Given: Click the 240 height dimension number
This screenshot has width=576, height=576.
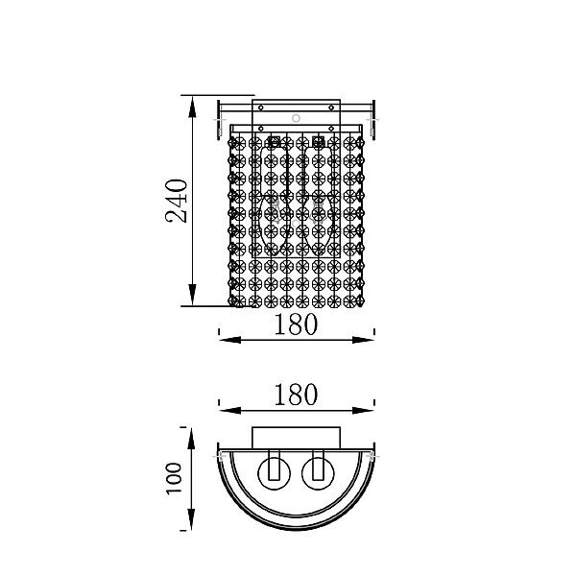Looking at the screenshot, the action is click(177, 201).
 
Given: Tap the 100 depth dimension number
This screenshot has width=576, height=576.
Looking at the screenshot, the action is click(174, 479).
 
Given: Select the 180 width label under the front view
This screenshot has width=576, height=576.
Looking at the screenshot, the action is click(296, 324).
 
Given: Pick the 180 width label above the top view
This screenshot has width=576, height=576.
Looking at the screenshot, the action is click(296, 395).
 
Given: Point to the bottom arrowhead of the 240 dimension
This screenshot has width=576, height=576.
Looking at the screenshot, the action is click(192, 295).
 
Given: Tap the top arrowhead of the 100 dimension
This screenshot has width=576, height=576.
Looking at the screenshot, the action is click(191, 439).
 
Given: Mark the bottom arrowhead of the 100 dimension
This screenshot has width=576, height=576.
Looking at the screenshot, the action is click(191, 519).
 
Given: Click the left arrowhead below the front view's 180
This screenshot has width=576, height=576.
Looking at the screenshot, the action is click(230, 340).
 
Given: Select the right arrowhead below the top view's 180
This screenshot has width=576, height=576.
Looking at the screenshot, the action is click(363, 410).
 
